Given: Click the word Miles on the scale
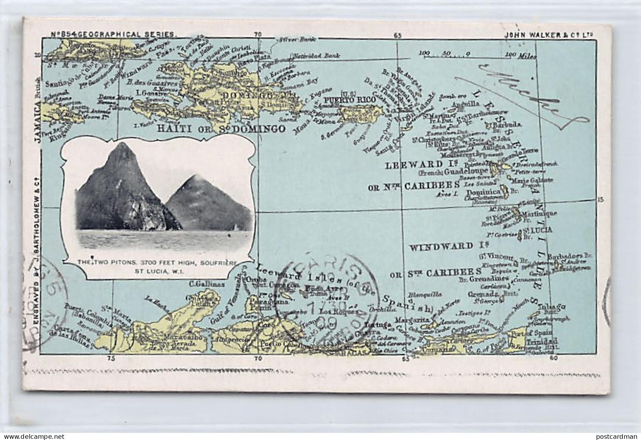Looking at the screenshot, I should pos(527,56).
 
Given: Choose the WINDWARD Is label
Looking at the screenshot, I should pos(441,247).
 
